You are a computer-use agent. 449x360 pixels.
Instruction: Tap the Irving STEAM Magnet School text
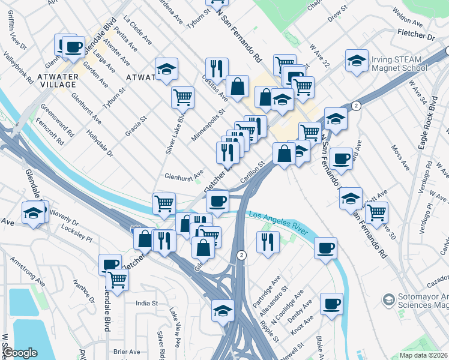click(400, 64)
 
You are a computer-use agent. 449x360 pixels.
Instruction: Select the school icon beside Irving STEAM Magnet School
click(357, 61)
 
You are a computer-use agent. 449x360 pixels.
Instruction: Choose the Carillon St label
click(253, 172)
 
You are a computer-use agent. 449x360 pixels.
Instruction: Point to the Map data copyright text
click(424, 355)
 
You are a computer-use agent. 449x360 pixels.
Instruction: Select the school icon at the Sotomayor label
click(388, 299)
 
